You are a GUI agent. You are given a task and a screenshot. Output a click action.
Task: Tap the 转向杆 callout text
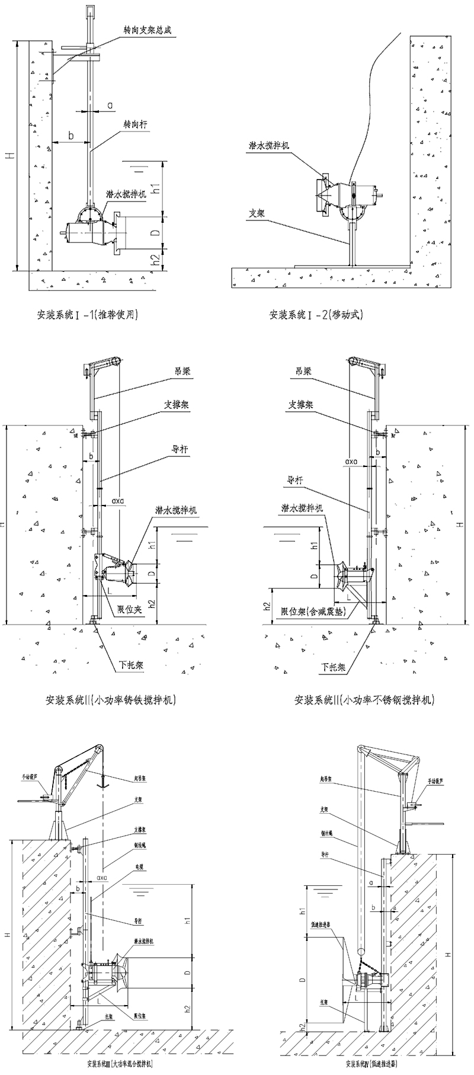click(135, 125)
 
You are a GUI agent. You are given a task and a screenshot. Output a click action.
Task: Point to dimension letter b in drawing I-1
click(71, 136)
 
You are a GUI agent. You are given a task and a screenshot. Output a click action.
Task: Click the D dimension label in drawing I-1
click(155, 233)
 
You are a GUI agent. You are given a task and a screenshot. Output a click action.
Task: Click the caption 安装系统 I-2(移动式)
click(316, 314)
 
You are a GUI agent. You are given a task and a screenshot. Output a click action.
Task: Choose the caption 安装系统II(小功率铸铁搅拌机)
click(111, 700)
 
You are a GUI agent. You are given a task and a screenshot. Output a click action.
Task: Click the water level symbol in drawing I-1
click(139, 168)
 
